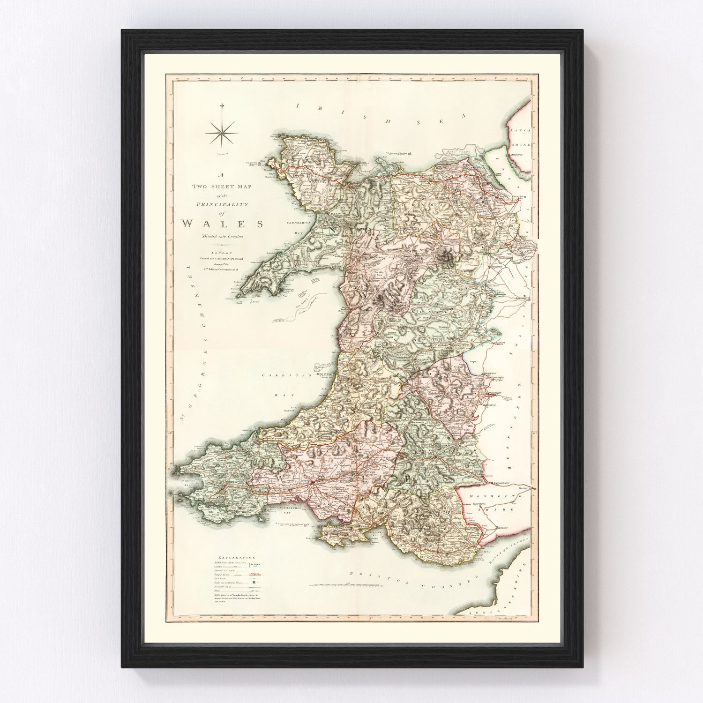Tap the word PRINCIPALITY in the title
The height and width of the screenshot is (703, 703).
pyautogui.click(x=223, y=204)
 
